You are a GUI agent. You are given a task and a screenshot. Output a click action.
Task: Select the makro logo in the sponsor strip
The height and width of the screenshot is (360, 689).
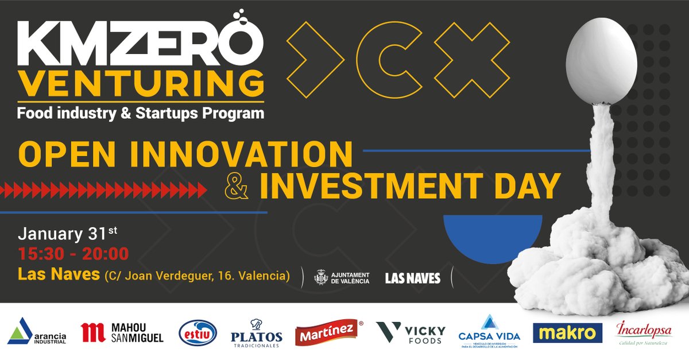[568, 332]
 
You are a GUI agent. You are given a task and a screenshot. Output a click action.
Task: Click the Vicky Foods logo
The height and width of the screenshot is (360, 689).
[411, 333]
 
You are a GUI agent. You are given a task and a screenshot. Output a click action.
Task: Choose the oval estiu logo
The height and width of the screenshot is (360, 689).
[198, 332]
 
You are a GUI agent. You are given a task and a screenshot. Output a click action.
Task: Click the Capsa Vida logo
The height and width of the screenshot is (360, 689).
[488, 332]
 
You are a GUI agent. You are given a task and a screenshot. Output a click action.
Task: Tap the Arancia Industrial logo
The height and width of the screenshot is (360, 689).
[37, 332]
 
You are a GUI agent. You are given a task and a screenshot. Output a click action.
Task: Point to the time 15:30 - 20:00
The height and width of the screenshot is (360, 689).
[73, 253]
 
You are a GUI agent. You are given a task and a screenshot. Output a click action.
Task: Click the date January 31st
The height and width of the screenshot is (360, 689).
[68, 234]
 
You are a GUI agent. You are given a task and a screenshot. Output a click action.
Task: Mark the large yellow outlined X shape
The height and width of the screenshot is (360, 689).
[472, 60]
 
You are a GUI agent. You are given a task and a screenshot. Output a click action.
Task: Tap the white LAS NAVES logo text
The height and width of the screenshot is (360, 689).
[412, 278]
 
